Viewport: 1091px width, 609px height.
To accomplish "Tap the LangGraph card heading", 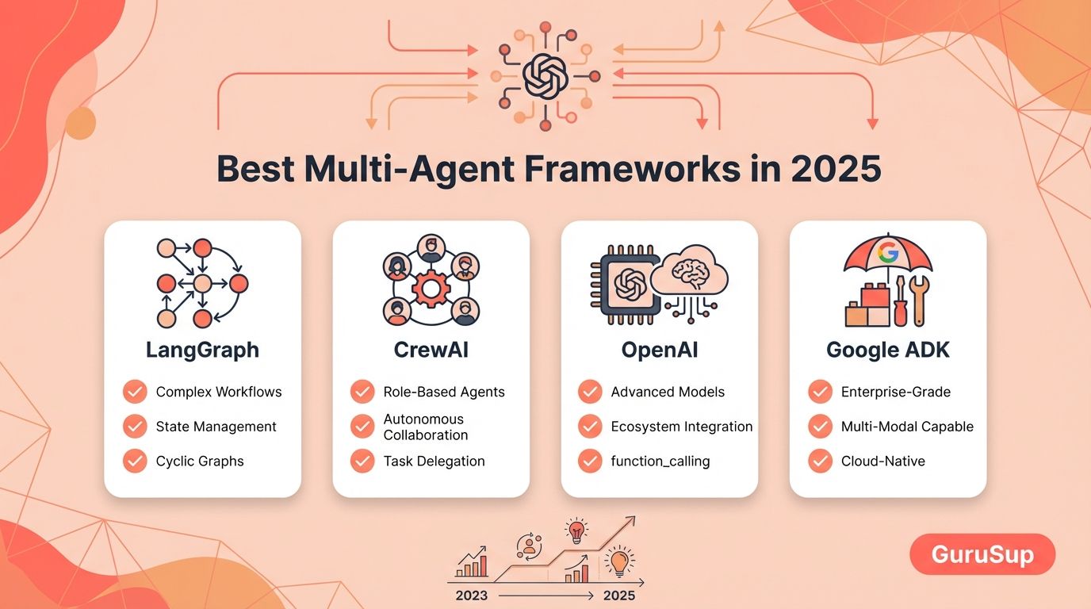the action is tap(203, 350).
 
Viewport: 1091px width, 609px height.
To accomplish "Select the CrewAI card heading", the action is tap(431, 350).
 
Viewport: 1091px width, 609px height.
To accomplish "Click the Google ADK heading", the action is tap(888, 350).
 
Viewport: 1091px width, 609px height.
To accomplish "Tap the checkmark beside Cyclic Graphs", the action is tap(135, 461).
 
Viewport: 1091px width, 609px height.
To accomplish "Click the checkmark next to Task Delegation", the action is tap(362, 461).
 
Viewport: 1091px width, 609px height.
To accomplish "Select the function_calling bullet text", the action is tap(660, 462).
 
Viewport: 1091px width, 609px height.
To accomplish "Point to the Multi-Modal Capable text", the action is tap(907, 427).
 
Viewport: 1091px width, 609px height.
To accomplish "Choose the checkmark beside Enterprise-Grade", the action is tap(820, 392).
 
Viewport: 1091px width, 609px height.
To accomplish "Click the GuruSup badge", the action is tap(982, 554).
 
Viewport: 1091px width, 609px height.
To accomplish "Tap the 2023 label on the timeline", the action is tap(472, 596).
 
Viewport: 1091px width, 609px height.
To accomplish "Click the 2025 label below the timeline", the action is tap(619, 596).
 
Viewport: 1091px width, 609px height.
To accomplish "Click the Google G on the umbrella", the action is tap(888, 252).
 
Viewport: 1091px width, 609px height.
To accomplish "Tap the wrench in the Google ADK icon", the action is tap(919, 301).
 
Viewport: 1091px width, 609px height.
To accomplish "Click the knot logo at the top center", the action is tap(545, 76).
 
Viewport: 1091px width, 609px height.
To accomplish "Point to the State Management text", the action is tap(216, 427).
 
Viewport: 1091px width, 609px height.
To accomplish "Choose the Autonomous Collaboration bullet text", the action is tap(425, 427).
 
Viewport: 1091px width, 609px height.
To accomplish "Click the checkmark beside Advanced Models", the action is tap(590, 392).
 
